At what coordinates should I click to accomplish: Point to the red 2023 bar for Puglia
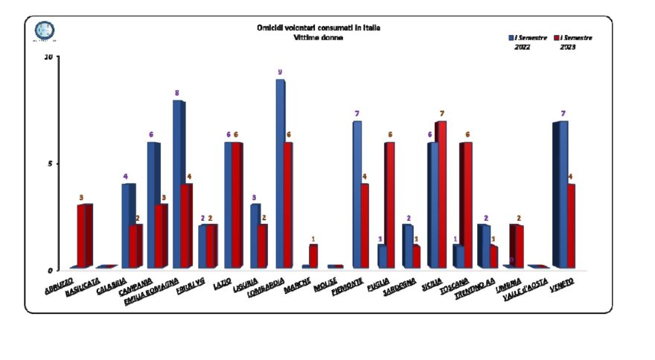click(389, 205)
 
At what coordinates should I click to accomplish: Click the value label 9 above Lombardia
click(280, 72)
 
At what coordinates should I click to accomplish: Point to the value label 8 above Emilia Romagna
click(177, 93)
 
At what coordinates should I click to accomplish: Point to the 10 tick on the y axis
click(48, 57)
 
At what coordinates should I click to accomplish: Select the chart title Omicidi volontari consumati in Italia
click(319, 28)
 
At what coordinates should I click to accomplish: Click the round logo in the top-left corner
click(45, 30)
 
